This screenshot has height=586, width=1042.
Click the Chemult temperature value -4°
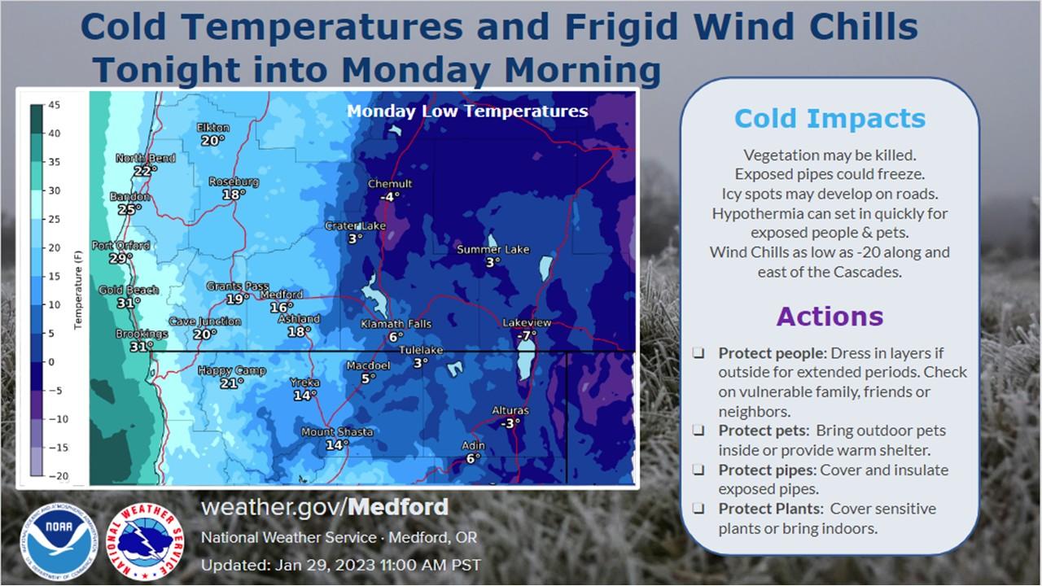pyautogui.click(x=390, y=197)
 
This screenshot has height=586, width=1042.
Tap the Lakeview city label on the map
pyautogui.click(x=527, y=322)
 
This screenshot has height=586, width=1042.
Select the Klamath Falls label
pyautogui.click(x=396, y=324)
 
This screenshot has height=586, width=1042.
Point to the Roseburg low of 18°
pyautogui.click(x=234, y=194)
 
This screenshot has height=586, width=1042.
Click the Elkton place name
pyautogui.click(x=213, y=128)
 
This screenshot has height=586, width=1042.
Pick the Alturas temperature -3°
pyautogui.click(x=510, y=423)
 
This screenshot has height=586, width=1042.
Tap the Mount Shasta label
pyautogui.click(x=337, y=432)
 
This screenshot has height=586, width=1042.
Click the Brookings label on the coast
pyautogui.click(x=142, y=334)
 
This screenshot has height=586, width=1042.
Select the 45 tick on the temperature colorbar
pyautogui.click(x=54, y=105)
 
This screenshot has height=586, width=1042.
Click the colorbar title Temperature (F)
pyautogui.click(x=77, y=290)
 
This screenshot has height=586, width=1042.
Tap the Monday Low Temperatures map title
pyautogui.click(x=467, y=112)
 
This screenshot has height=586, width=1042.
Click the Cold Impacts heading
pyautogui.click(x=830, y=118)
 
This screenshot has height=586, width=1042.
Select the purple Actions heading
pyautogui.click(x=830, y=317)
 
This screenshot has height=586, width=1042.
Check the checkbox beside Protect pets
pyautogui.click(x=698, y=431)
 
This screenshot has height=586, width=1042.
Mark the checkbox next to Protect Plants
pyautogui.click(x=698, y=509)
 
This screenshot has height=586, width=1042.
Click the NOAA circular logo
pyautogui.click(x=59, y=542)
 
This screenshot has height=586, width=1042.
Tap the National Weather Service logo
pyautogui.click(x=145, y=542)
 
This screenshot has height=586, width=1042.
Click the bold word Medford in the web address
pyautogui.click(x=398, y=506)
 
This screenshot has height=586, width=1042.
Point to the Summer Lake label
pyautogui.click(x=493, y=249)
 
